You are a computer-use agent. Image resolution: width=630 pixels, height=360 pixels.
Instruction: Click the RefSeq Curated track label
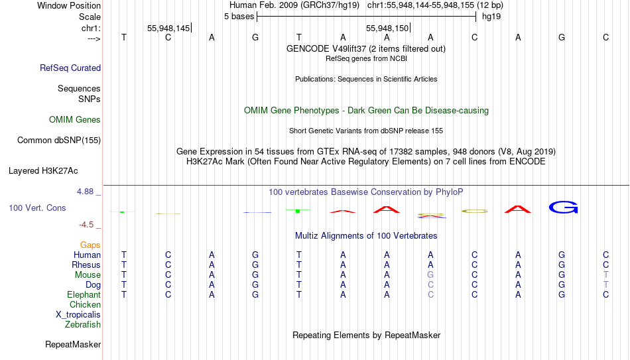tap(70, 68)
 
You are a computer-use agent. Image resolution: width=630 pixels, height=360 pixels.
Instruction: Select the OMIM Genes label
tap(75, 120)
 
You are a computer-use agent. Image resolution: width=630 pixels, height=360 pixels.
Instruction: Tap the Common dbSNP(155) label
tap(59, 141)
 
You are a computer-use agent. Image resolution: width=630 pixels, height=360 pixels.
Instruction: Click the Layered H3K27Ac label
tap(43, 171)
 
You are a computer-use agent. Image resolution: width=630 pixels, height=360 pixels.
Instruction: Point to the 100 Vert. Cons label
tap(37, 208)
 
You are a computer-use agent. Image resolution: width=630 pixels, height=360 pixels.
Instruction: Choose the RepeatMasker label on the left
tap(73, 344)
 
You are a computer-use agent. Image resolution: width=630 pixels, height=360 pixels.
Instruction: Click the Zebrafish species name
tap(83, 324)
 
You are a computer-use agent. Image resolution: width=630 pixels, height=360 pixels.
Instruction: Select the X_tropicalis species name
tap(78, 315)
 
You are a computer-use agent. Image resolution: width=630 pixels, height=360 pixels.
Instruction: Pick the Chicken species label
tap(85, 304)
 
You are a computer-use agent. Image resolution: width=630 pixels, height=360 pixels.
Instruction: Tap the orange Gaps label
tap(90, 245)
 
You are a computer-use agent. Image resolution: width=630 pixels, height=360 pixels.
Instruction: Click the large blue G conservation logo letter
tap(563, 208)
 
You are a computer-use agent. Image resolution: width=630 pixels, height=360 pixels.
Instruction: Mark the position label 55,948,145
tap(168, 28)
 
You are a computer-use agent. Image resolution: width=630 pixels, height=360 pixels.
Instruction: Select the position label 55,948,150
tap(387, 28)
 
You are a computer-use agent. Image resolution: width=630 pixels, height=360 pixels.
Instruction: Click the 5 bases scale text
tap(239, 17)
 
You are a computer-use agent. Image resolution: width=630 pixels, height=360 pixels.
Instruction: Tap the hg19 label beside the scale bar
tap(491, 17)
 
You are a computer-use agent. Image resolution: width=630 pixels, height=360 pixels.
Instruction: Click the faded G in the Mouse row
tap(430, 275)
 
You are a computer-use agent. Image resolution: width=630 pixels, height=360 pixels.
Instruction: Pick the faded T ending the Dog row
tap(606, 285)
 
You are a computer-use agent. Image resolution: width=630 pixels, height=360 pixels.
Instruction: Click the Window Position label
tap(69, 5)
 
